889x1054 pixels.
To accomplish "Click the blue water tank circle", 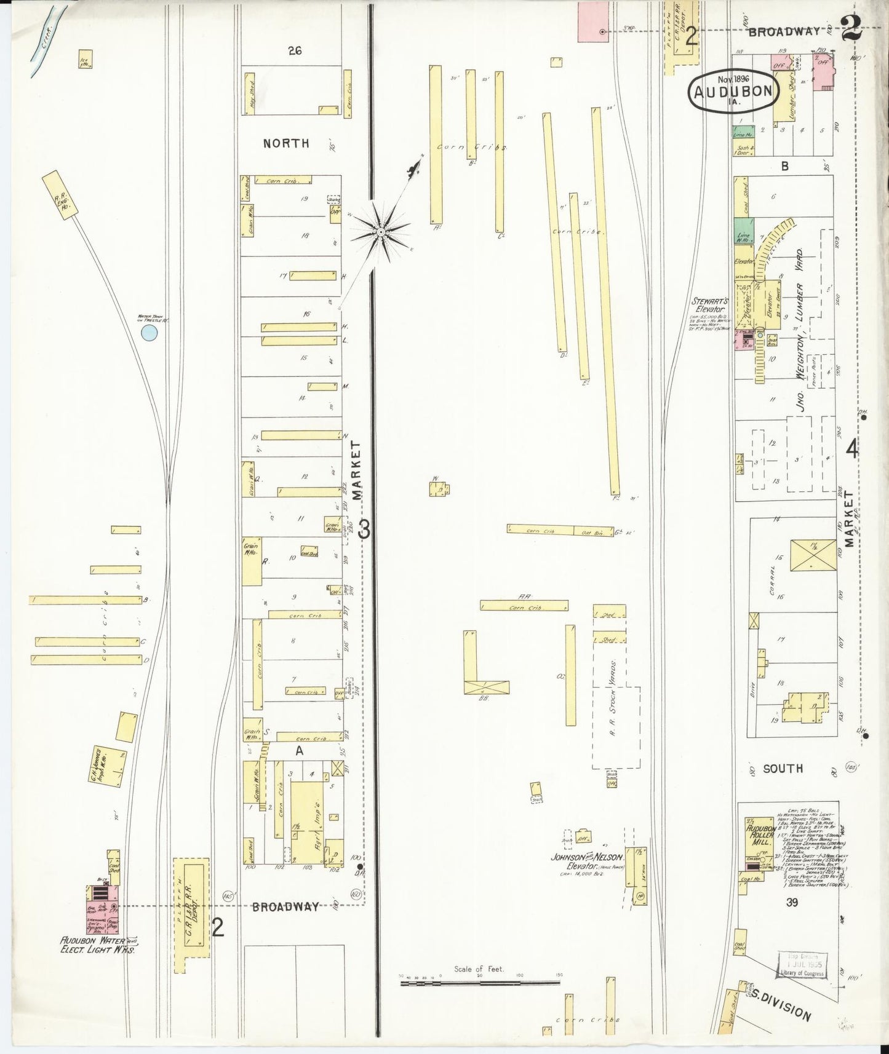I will pyautogui.click(x=149, y=333).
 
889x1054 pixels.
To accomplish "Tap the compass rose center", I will pyautogui.click(x=381, y=232).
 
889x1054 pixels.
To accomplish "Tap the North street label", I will pyautogui.click(x=286, y=143).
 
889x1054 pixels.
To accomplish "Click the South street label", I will pyautogui.click(x=783, y=768).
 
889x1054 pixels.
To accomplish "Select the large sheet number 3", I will pyautogui.click(x=364, y=529).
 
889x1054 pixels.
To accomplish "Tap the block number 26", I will pyautogui.click(x=293, y=51).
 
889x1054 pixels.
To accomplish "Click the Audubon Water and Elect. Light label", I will pyautogui.click(x=98, y=961).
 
